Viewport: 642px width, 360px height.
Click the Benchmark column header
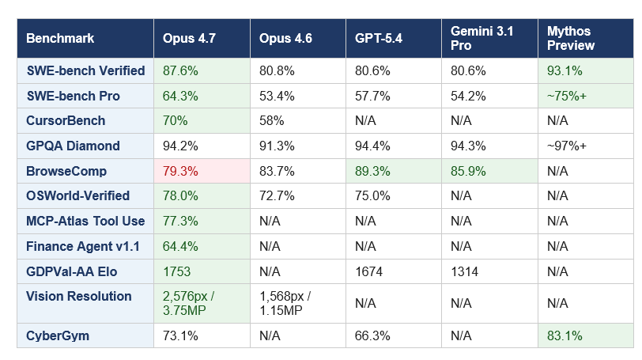(x=60, y=39)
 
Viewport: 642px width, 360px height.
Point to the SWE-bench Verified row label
(x=85, y=70)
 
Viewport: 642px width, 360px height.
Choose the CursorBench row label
(x=66, y=121)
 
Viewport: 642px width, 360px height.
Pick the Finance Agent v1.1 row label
(x=83, y=247)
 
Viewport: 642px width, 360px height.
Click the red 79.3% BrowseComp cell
(x=180, y=171)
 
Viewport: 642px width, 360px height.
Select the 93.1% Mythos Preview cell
(x=565, y=70)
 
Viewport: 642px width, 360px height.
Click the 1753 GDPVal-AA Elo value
(x=177, y=272)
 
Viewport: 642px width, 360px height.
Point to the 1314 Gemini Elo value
(x=465, y=272)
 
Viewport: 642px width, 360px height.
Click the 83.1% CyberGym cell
(x=565, y=335)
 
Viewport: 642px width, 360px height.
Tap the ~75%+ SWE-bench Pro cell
(x=567, y=96)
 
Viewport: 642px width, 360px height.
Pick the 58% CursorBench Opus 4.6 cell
(x=273, y=121)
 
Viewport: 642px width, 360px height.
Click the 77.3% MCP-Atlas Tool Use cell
(x=180, y=222)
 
